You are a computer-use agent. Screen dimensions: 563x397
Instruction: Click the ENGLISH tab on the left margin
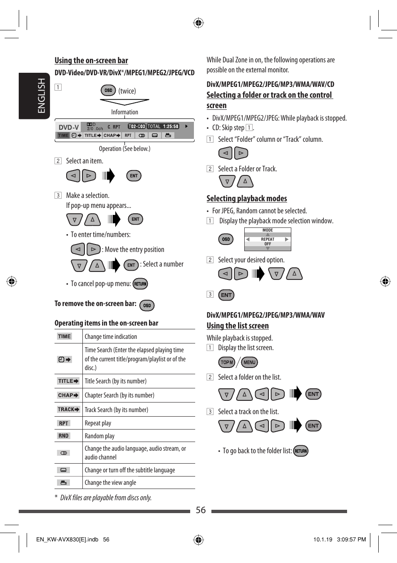tap(35, 96)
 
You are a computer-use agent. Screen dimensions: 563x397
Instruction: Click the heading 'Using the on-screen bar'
tap(91, 60)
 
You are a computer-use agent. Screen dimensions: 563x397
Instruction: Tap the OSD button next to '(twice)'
tap(108, 90)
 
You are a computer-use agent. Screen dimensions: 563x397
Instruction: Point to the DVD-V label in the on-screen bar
tap(69, 127)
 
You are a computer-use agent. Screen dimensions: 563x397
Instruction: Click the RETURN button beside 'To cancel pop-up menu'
tap(140, 284)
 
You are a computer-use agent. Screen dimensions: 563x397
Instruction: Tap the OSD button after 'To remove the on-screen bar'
tap(147, 305)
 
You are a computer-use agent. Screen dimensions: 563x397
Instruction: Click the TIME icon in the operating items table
tap(65, 336)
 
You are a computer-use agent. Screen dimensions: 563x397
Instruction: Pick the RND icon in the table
tap(64, 436)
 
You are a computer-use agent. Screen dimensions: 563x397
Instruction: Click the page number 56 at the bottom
tap(201, 510)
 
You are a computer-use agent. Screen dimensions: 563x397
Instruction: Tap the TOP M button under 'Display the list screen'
tap(227, 362)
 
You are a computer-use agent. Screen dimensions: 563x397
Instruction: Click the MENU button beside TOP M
tap(249, 362)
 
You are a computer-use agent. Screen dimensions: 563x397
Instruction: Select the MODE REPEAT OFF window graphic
tap(268, 239)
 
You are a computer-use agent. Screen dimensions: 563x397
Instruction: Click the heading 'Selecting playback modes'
tap(247, 198)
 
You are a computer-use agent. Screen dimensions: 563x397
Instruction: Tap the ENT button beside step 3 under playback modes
tap(226, 295)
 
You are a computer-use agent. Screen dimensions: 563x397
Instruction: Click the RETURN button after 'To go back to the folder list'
tap(300, 451)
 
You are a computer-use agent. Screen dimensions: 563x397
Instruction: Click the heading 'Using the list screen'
tap(238, 326)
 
